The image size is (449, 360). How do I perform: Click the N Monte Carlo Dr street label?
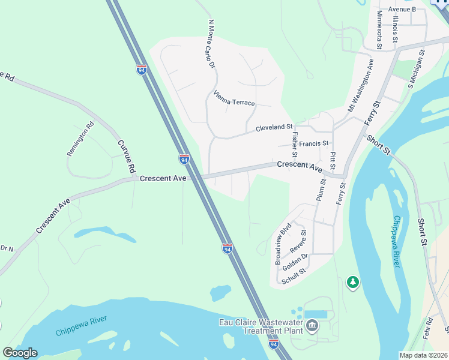tap(211, 44)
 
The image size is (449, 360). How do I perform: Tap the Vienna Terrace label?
tap(234, 98)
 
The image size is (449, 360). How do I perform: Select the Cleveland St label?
tap(274, 128)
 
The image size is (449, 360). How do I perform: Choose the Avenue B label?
tap(402, 10)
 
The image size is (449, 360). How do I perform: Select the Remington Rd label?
tap(81, 140)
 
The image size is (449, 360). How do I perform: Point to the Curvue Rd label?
tap(125, 157)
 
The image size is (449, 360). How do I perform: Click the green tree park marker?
tap(353, 281)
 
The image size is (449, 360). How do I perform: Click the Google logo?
tap(20, 353)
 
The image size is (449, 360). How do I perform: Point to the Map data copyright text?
tap(423, 355)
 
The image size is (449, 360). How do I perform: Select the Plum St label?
tap(319, 190)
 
